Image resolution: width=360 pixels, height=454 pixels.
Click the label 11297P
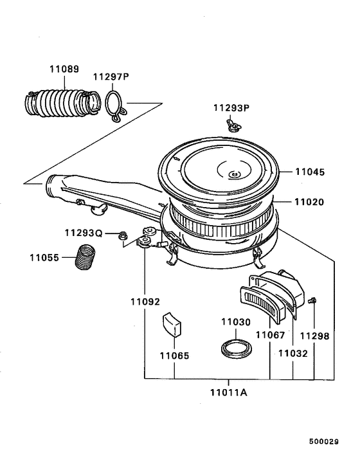111,77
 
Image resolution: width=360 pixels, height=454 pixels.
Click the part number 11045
310,172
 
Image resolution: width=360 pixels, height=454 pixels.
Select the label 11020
310,201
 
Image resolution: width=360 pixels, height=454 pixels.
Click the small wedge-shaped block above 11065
172,323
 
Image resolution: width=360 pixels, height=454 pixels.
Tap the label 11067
269,334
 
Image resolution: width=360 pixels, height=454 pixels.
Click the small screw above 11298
312,300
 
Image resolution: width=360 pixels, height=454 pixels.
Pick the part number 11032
292,353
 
